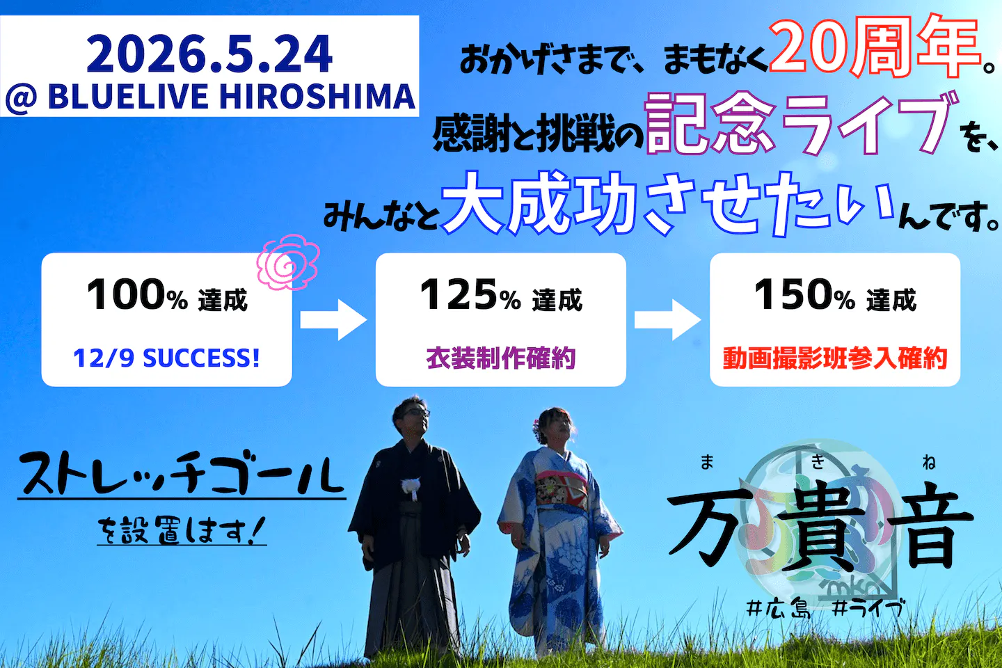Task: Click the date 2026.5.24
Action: (x=209, y=54)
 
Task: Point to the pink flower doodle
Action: (x=288, y=262)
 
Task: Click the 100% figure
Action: (x=137, y=294)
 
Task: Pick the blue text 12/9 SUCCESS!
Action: (x=166, y=358)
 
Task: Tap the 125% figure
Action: (x=470, y=294)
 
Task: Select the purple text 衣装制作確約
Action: (x=500, y=358)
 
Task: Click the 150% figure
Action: (x=804, y=294)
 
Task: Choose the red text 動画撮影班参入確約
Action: (x=835, y=358)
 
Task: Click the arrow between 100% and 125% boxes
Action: (x=333, y=320)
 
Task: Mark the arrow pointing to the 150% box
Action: (x=667, y=320)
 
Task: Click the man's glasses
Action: (x=417, y=413)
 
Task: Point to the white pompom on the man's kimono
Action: (x=411, y=486)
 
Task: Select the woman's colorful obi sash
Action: (x=561, y=489)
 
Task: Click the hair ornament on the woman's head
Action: (x=536, y=429)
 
